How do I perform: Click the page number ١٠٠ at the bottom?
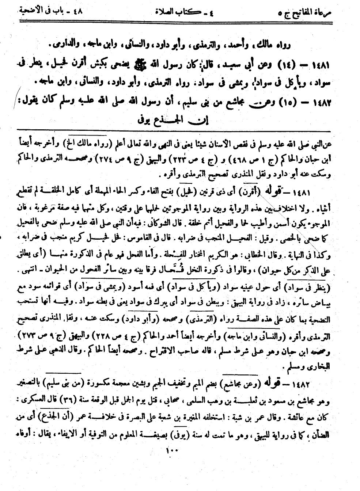pyautogui.click(x=170, y=451)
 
